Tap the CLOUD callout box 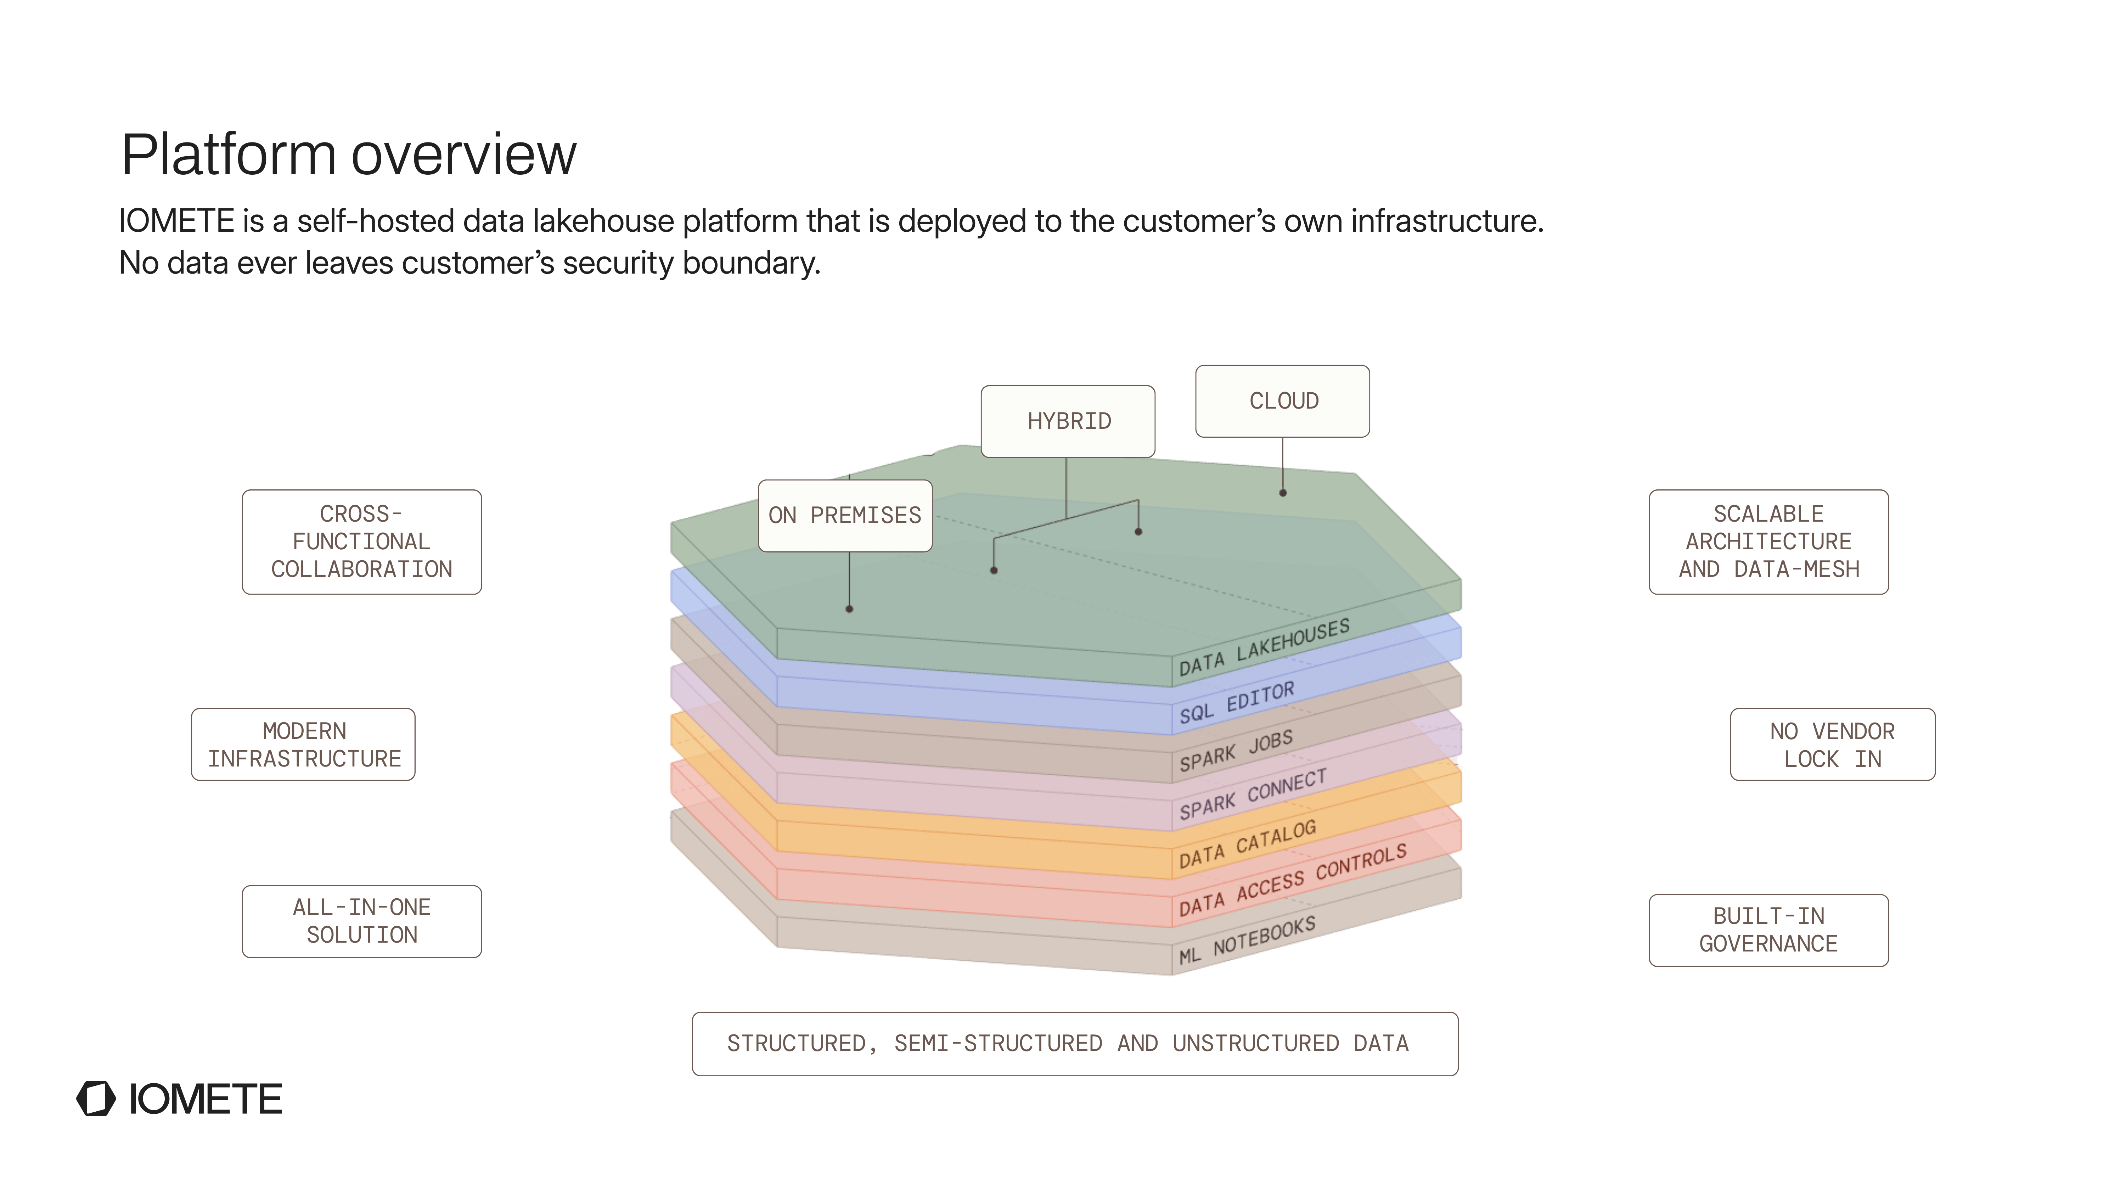click(x=1283, y=401)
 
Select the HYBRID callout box click(x=1068, y=421)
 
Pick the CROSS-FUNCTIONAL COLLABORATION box click(x=361, y=541)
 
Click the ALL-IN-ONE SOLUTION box click(x=361, y=921)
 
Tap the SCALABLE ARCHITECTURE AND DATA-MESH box click(x=1768, y=541)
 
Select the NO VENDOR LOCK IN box click(x=1832, y=745)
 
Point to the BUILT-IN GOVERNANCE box click(x=1768, y=930)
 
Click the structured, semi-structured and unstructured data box click(x=1075, y=1043)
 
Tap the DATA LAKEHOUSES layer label click(x=1264, y=647)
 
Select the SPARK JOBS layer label click(x=1236, y=750)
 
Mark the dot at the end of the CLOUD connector click(x=1283, y=493)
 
